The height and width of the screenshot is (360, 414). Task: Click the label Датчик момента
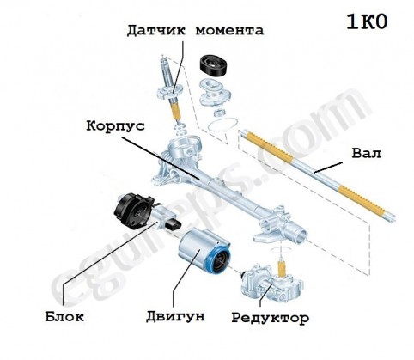click(195, 30)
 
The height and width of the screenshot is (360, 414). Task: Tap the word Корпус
click(115, 126)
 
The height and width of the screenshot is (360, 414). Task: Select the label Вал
click(366, 154)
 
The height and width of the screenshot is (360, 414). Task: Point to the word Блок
click(64, 316)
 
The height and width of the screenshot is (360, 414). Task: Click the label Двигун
click(175, 316)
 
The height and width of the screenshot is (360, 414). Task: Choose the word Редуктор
click(271, 318)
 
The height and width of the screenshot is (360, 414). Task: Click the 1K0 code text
click(367, 22)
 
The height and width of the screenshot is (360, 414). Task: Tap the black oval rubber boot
click(214, 65)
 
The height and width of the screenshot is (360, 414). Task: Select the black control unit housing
click(133, 211)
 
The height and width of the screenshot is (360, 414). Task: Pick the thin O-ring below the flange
click(223, 125)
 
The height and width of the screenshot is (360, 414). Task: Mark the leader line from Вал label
click(328, 168)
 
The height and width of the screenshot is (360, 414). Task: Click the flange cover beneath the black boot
click(215, 93)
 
